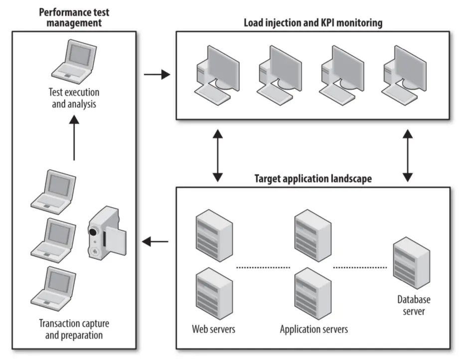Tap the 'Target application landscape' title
[x=312, y=179]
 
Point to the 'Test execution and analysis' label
[x=74, y=98]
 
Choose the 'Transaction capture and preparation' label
[x=74, y=329]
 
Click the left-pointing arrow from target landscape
[x=155, y=242]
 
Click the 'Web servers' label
[x=214, y=329]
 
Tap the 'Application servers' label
[x=313, y=329]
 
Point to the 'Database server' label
[x=413, y=305]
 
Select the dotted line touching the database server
[x=360, y=268]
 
